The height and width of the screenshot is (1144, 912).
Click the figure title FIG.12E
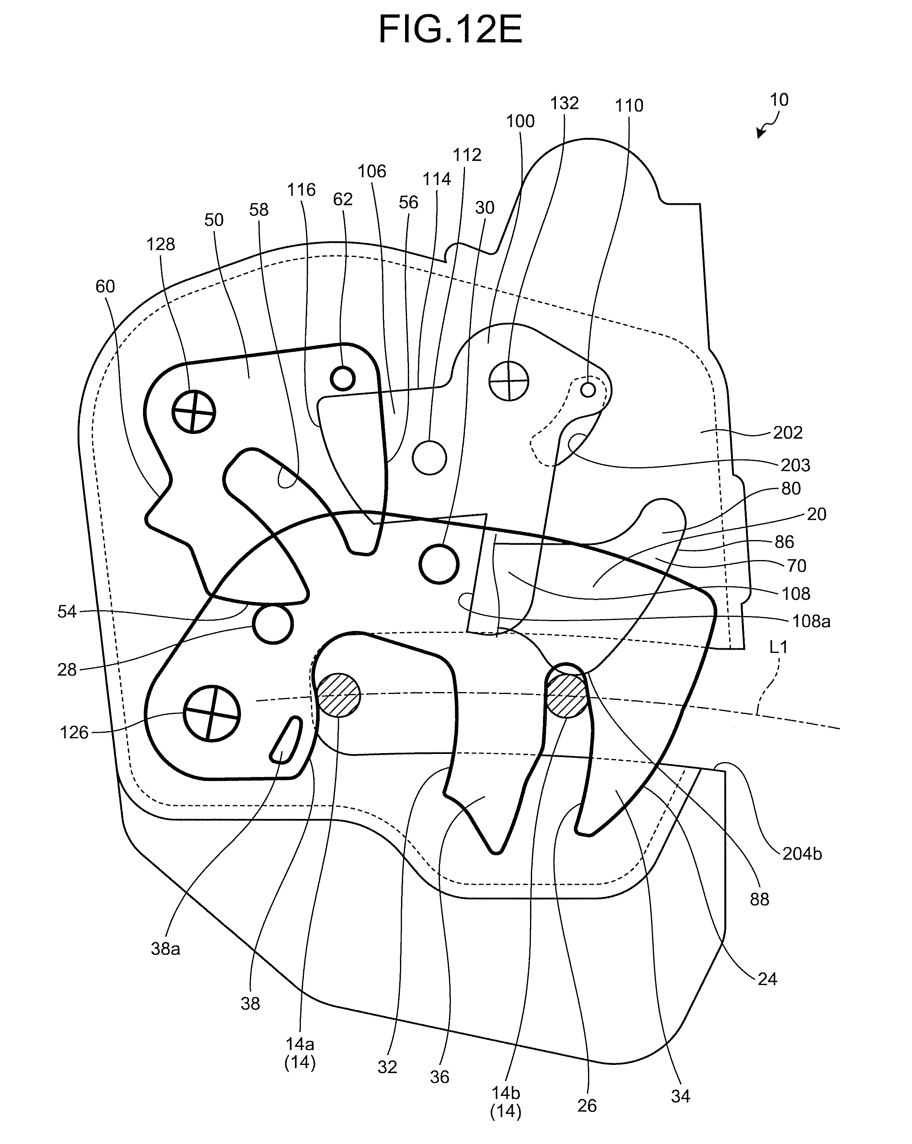point(450,30)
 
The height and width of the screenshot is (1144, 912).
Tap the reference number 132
point(564,103)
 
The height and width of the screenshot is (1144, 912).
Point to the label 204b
point(802,854)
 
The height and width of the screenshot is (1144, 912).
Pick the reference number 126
point(74,733)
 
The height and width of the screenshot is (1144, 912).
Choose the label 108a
point(811,621)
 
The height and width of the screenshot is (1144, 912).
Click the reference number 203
point(795,465)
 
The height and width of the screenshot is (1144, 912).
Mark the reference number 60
point(105,287)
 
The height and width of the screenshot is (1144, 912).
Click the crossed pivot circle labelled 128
point(194,412)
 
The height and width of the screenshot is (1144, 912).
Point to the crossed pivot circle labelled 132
point(508,381)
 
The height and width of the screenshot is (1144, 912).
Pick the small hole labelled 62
point(342,378)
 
